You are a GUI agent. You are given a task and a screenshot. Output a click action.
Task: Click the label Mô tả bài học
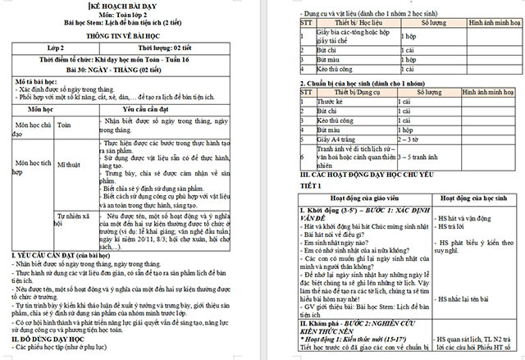pos(38,83)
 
